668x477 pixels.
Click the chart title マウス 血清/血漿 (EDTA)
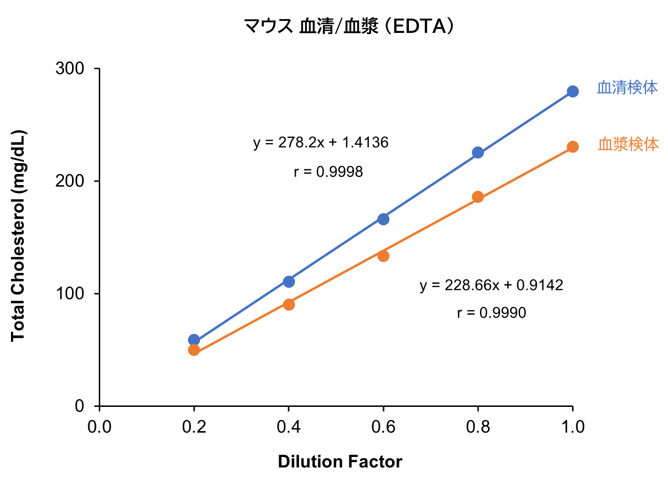348,26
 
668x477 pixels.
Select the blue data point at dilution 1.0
573,91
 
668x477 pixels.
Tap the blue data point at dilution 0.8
478,153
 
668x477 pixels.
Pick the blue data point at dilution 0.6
383,219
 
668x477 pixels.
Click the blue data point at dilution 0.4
289,281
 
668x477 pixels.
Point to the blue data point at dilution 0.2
194,340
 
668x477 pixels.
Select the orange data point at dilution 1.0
573,147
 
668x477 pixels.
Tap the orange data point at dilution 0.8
478,197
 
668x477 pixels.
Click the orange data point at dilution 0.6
383,256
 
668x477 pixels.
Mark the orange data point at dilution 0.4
289,304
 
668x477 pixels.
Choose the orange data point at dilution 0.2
194,350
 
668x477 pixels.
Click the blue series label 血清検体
627,88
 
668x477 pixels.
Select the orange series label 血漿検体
628,144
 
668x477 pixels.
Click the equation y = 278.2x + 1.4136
321,143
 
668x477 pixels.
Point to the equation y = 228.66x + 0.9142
491,285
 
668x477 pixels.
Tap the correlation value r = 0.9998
328,172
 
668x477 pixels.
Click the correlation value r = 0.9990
491,313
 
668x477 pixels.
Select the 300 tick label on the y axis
70,69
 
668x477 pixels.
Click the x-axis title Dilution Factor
340,462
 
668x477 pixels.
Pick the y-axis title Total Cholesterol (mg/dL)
18,236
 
